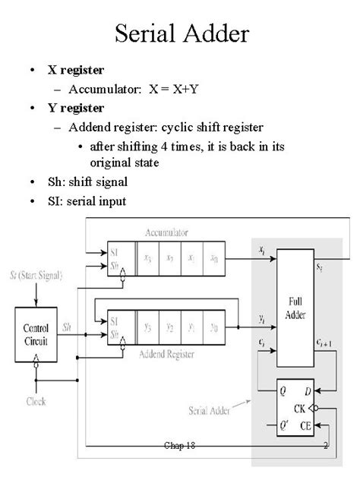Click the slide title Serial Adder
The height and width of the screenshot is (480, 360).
click(179, 34)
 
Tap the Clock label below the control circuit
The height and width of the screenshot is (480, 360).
click(36, 400)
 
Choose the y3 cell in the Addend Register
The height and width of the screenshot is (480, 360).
click(149, 327)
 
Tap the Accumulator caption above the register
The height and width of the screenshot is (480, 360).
click(169, 232)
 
